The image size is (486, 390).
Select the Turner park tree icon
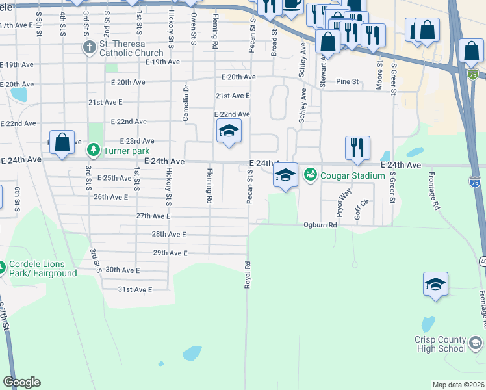[x=95, y=151]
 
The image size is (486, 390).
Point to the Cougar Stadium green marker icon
[x=310, y=175]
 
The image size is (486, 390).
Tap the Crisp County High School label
[x=441, y=344]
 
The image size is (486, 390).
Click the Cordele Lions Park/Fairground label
[x=43, y=268]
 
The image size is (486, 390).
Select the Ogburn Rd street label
[x=320, y=225]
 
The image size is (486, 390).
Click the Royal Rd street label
[x=247, y=275]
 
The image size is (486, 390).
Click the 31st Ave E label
[x=135, y=289]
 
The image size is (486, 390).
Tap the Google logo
[x=21, y=382]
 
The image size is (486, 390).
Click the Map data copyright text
[x=459, y=385]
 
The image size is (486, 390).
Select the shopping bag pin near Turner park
[x=61, y=144]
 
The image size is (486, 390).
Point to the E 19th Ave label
[x=163, y=62]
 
